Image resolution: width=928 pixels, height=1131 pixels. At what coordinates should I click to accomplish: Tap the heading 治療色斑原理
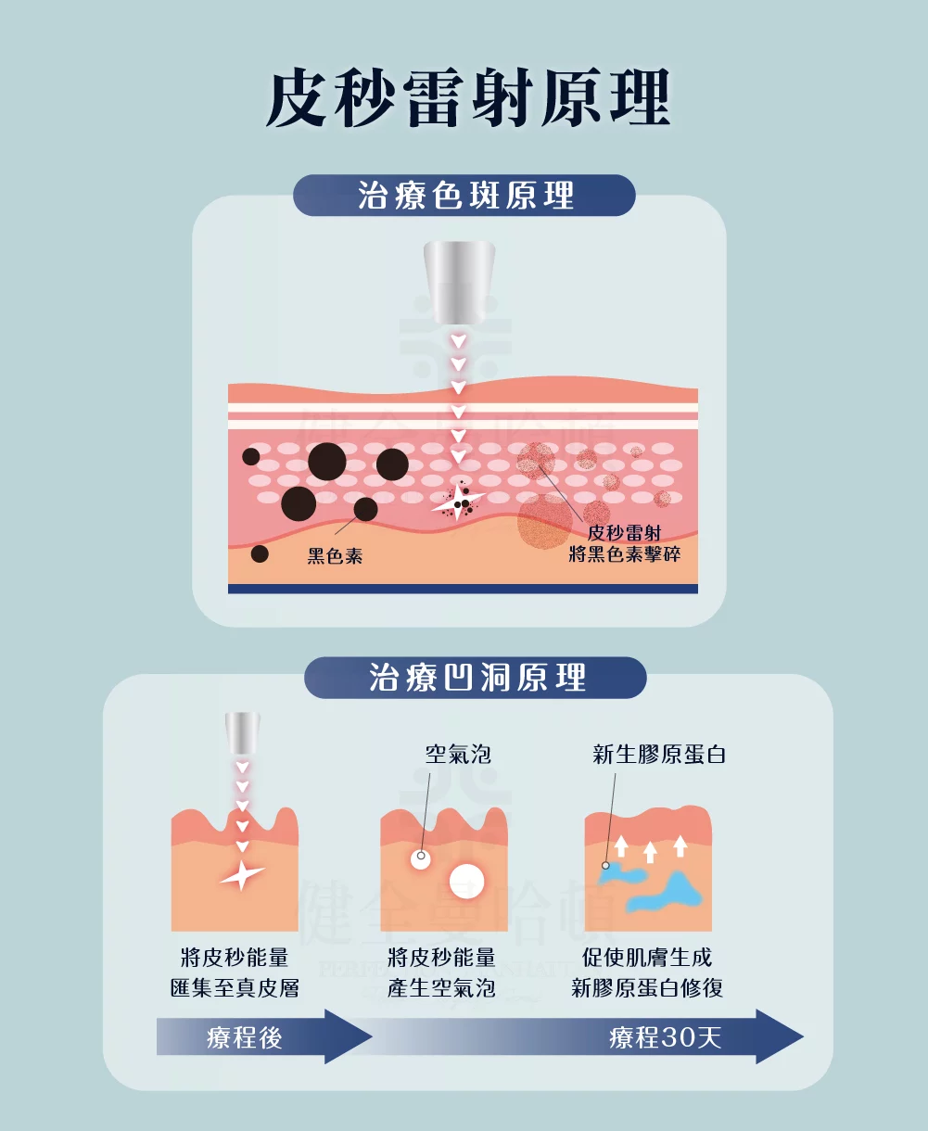click(x=465, y=196)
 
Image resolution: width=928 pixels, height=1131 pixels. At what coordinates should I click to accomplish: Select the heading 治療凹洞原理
click(x=477, y=677)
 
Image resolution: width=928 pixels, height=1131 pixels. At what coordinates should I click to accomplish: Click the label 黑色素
click(x=335, y=555)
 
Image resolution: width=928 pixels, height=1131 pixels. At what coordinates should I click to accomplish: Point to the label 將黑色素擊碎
click(x=624, y=554)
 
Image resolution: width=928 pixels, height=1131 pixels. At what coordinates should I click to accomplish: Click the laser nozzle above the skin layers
click(x=457, y=282)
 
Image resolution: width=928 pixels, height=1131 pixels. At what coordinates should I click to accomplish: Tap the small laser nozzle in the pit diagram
click(x=242, y=733)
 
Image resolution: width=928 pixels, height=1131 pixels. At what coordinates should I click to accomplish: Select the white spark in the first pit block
click(x=242, y=873)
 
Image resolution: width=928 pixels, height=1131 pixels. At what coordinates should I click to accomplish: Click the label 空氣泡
click(x=457, y=754)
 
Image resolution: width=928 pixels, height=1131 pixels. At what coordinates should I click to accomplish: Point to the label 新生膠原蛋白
click(x=658, y=754)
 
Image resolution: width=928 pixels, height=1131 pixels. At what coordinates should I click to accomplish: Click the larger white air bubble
click(x=467, y=881)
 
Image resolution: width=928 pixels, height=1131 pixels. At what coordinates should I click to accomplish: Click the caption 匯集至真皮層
click(x=235, y=988)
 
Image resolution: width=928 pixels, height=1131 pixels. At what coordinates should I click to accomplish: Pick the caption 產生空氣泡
click(x=441, y=988)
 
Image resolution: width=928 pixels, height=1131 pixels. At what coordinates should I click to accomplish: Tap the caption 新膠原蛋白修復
click(x=647, y=988)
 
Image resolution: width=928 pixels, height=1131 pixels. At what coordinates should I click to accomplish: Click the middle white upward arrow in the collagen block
click(x=650, y=851)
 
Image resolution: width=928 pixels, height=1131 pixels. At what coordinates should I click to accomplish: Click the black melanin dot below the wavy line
click(x=260, y=553)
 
